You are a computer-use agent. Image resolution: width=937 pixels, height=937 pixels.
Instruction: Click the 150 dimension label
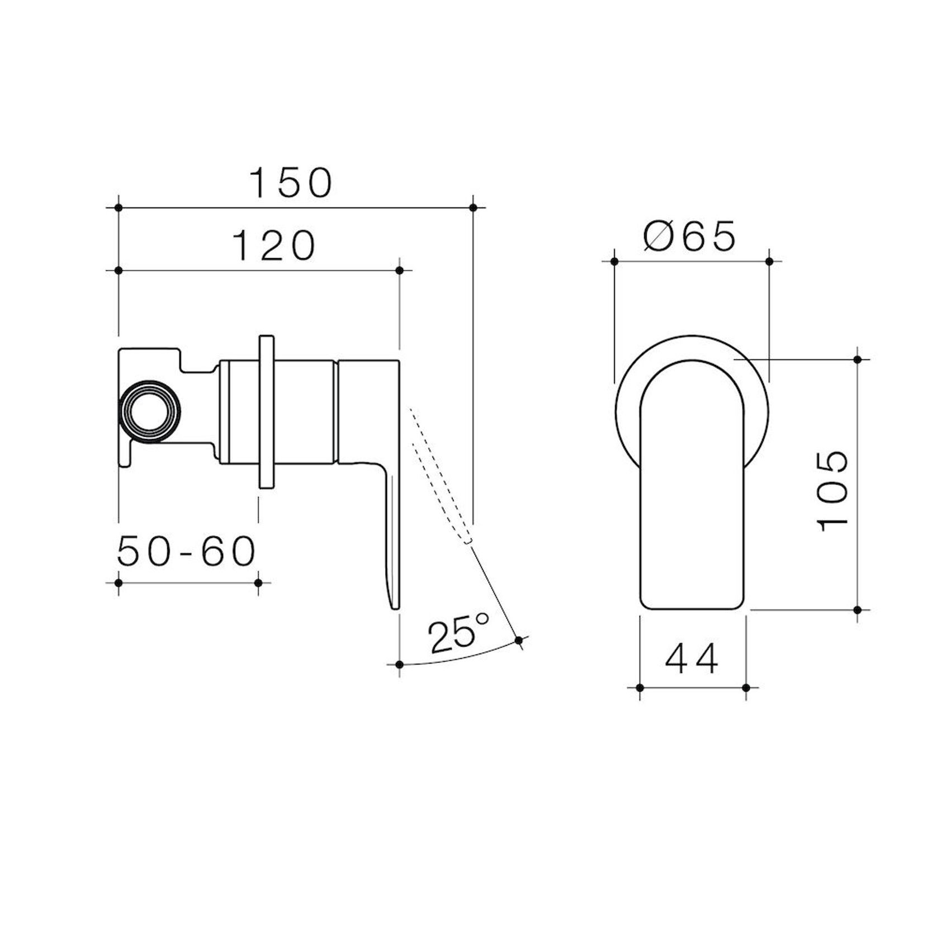point(291,183)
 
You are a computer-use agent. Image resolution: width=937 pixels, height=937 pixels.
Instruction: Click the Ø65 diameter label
point(690,236)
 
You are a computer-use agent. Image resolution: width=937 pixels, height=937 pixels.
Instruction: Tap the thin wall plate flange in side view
point(266,412)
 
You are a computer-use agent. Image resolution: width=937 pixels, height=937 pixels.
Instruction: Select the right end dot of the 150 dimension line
point(474,207)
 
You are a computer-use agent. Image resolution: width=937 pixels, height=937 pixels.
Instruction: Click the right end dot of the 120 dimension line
point(399,271)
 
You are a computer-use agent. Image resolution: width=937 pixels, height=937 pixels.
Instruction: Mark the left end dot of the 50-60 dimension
point(118,583)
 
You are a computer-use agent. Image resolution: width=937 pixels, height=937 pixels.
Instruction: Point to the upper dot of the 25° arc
point(519,640)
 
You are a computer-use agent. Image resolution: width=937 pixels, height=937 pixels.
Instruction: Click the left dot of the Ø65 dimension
point(614,261)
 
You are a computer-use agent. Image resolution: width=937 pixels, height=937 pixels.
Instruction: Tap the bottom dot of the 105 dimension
point(858,609)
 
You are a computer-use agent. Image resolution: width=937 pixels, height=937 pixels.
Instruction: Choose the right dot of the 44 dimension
point(746,688)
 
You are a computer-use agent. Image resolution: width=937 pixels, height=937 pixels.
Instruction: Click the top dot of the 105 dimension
point(858,359)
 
